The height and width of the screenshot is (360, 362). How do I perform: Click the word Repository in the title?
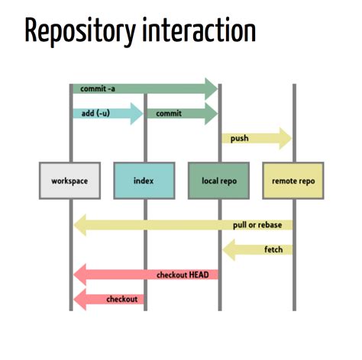tap(80, 32)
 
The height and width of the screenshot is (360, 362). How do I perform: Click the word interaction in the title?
tap(199, 29)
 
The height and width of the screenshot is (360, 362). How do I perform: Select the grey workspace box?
tap(69, 181)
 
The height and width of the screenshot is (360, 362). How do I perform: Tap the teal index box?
tap(144, 181)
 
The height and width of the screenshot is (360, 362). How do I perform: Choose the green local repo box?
tap(218, 181)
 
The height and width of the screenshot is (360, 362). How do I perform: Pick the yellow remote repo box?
tap(293, 181)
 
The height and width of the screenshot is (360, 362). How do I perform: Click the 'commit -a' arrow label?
tap(98, 88)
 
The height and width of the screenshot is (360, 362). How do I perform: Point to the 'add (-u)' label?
tap(95, 113)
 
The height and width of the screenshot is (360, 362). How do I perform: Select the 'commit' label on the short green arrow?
tap(169, 114)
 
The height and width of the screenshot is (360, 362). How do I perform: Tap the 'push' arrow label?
tap(239, 139)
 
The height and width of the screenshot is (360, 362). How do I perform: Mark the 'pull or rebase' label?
tap(257, 225)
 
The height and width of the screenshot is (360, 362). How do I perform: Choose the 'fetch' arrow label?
tap(273, 249)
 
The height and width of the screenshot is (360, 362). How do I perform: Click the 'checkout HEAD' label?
tap(183, 275)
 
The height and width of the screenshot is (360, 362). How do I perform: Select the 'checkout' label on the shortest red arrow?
tap(122, 299)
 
